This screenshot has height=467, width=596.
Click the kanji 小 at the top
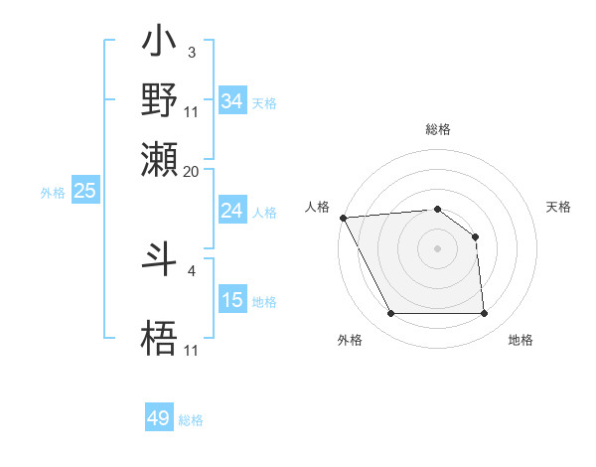point(160,44)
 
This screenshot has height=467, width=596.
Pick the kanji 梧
point(160,339)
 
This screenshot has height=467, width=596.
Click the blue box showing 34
point(232,101)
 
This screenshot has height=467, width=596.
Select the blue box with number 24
point(232,211)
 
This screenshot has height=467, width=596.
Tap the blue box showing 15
point(232,300)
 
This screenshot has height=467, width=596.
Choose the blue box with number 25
point(84,191)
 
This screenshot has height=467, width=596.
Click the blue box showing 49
point(159,418)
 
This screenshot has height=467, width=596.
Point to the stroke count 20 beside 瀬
point(192,171)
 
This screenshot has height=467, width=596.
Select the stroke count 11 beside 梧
point(192,349)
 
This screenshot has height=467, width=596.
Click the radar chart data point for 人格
point(343,218)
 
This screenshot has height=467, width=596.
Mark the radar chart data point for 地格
point(484,314)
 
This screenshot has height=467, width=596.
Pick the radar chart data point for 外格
point(390,314)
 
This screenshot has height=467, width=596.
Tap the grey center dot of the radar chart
point(437,248)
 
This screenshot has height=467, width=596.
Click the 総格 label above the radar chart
point(437,129)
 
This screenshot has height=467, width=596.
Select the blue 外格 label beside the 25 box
point(53,193)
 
